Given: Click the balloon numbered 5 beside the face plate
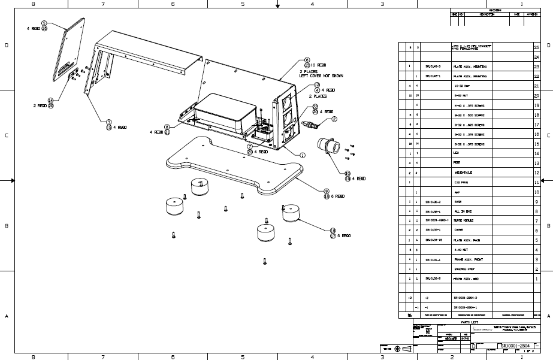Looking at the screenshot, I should (44, 23).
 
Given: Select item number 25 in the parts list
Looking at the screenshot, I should (536, 47).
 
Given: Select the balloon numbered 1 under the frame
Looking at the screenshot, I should (303, 155).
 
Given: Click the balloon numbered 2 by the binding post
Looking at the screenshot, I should (334, 119).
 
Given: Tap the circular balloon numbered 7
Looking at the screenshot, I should (249, 146).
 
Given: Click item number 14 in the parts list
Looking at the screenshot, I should (536, 153).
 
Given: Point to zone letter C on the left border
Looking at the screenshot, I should (6, 135).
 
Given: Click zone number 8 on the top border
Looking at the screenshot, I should (33, 4).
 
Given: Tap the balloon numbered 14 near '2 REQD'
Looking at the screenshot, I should (51, 101).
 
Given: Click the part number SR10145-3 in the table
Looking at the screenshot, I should (433, 66).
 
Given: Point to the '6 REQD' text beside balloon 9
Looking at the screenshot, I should (338, 196).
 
